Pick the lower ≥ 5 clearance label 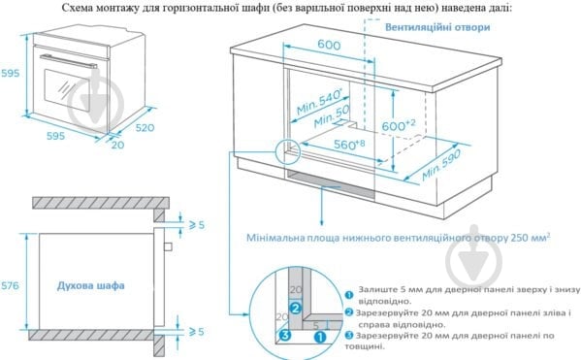(x=194, y=332)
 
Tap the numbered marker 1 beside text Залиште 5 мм (x=348, y=292)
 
